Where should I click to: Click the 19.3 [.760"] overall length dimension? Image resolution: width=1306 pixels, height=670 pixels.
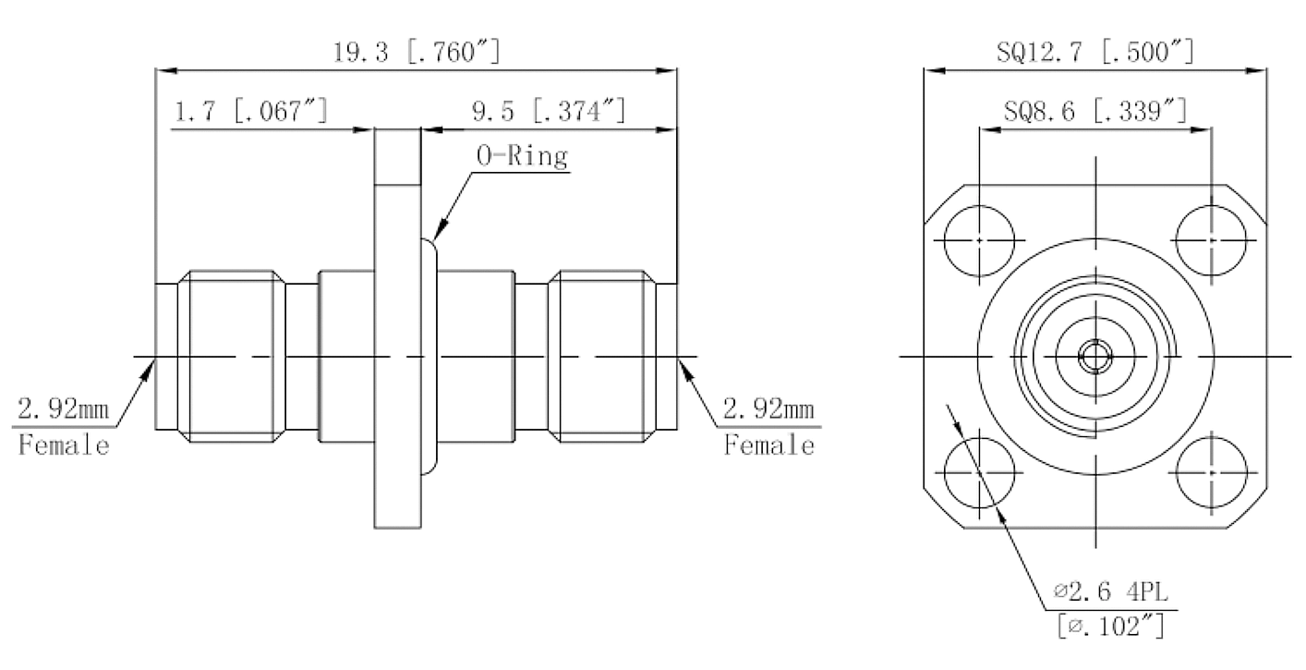(x=417, y=52)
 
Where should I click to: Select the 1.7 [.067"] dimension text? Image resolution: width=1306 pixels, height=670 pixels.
(x=251, y=110)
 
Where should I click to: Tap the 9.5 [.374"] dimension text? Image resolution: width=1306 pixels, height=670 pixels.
(x=550, y=110)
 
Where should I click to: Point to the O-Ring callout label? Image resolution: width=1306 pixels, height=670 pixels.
(x=522, y=155)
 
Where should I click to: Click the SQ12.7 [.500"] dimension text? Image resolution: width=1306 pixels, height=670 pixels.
(x=1095, y=52)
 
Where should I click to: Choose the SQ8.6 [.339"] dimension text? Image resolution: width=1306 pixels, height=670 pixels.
(x=1095, y=110)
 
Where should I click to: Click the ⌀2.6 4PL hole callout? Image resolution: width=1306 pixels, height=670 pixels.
(x=1111, y=591)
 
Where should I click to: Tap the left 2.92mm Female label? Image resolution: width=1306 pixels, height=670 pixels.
(x=64, y=427)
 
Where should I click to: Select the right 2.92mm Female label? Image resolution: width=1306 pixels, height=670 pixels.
(x=769, y=427)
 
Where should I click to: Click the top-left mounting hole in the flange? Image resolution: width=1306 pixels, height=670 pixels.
(x=979, y=240)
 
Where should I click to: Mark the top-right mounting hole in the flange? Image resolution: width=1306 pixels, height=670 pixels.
(x=1212, y=240)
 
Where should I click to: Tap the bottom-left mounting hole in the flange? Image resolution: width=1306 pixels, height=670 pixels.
(x=979, y=472)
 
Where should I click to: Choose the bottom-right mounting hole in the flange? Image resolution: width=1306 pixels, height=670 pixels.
(x=1212, y=472)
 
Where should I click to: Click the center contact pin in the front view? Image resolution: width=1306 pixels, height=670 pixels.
(x=1095, y=357)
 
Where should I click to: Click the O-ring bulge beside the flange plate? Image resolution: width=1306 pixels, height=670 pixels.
(x=429, y=357)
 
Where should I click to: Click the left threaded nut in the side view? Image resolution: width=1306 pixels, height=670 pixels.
(x=232, y=357)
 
